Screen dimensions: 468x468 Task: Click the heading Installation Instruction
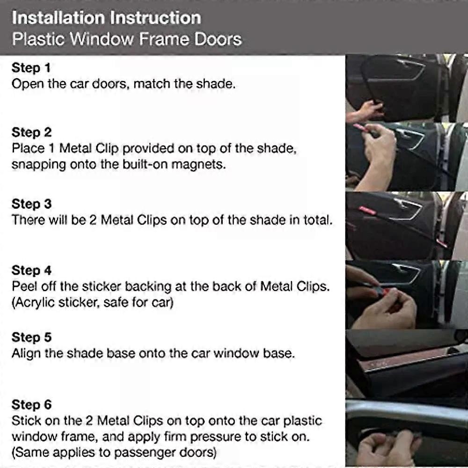[106, 18]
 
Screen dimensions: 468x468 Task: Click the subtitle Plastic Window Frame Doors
[126, 38]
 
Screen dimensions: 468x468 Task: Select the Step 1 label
[31, 68]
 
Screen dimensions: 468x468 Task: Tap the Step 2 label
[31, 132]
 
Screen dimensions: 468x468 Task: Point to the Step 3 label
[31, 204]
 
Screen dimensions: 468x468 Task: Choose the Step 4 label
[31, 271]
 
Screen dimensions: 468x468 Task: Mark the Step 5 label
[31, 337]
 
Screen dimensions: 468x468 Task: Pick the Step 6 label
[31, 404]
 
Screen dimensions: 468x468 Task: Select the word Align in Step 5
[26, 353]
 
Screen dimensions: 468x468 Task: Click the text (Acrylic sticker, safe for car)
[92, 302]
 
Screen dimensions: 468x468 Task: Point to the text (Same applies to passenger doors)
[114, 453]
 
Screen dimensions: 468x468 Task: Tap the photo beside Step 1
[406, 88]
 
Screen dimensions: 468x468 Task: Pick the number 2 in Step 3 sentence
[93, 220]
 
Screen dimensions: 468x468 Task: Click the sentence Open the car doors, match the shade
[123, 84]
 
